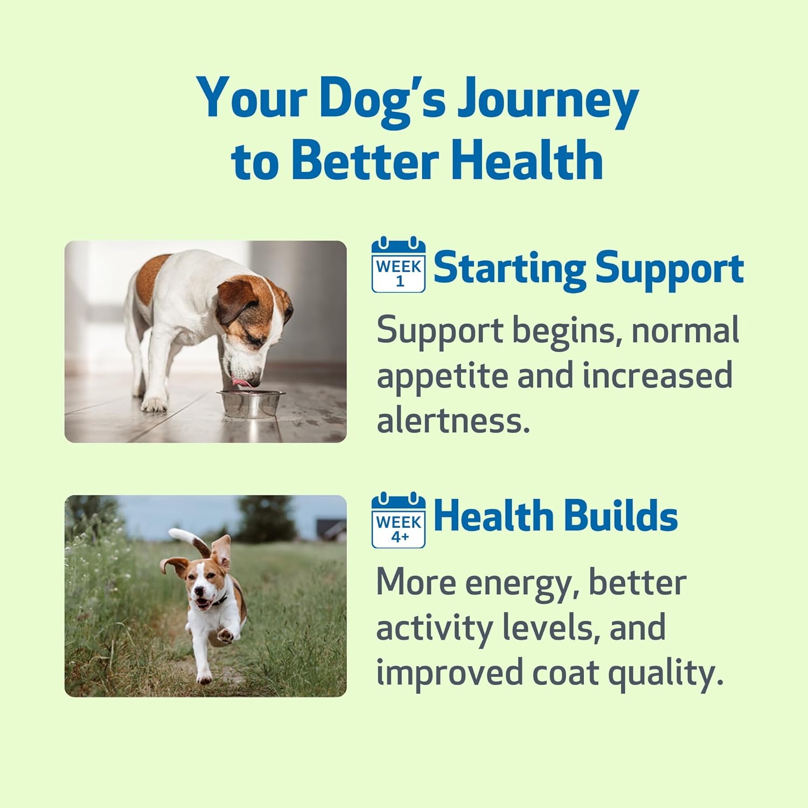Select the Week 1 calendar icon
tap(399, 264)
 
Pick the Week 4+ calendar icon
tap(399, 520)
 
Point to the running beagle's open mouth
tap(200, 602)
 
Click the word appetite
tap(442, 376)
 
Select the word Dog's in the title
tap(382, 100)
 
